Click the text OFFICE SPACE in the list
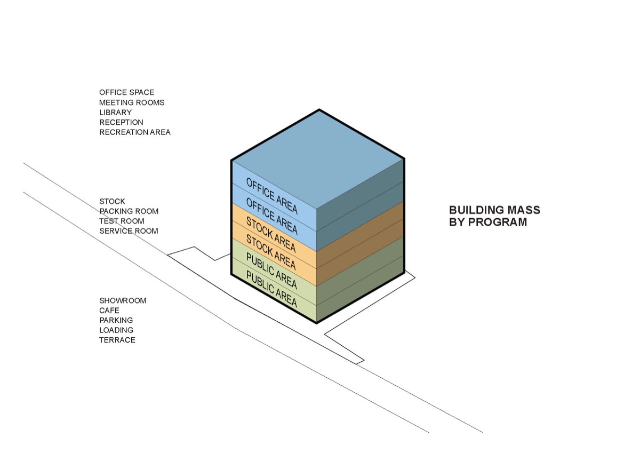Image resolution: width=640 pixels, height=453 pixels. pyautogui.click(x=126, y=92)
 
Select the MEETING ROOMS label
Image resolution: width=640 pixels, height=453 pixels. pyautogui.click(x=132, y=102)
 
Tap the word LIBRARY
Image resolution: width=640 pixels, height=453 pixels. pyautogui.click(x=115, y=113)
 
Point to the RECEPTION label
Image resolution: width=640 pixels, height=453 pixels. pyautogui.click(x=121, y=122)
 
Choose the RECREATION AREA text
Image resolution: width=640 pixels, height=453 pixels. pyautogui.click(x=135, y=132)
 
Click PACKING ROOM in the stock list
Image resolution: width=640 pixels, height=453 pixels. pyautogui.click(x=129, y=211)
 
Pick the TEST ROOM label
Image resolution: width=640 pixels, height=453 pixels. pyautogui.click(x=122, y=221)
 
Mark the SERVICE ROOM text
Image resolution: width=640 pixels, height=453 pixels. pyautogui.click(x=129, y=231)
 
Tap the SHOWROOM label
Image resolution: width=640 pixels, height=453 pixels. pyautogui.click(x=123, y=300)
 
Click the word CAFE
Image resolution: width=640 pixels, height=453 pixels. pyautogui.click(x=109, y=311)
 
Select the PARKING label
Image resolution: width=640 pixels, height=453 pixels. pyautogui.click(x=116, y=320)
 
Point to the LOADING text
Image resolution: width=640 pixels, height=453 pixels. pyautogui.click(x=116, y=330)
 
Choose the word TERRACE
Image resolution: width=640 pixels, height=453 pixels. pyautogui.click(x=117, y=340)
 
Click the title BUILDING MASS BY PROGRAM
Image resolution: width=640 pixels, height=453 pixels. pyautogui.click(x=494, y=216)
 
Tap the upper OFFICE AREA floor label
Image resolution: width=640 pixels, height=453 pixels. pyautogui.click(x=271, y=196)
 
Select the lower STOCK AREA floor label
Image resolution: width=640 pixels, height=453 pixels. pyautogui.click(x=271, y=252)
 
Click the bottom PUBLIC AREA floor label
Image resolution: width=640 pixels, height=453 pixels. pyautogui.click(x=271, y=289)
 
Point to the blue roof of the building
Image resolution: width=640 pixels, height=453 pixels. pyautogui.click(x=318, y=158)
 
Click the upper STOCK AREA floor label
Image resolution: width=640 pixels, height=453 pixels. pyautogui.click(x=271, y=234)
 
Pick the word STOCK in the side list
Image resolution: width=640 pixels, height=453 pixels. pyautogui.click(x=112, y=201)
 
